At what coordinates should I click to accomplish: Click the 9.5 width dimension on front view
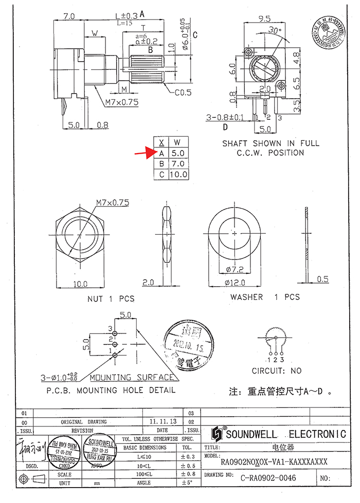[x=264, y=18]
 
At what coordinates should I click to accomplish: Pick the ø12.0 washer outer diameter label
[x=234, y=282]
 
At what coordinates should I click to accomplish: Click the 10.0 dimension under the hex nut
[x=79, y=284]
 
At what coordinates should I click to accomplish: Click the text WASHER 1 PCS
[x=264, y=297]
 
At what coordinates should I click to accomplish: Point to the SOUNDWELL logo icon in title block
[x=217, y=434]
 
